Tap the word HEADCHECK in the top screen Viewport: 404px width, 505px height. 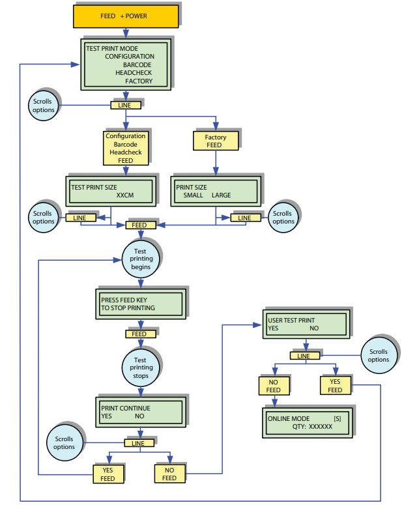coord(134,73)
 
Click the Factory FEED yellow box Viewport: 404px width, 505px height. coord(216,141)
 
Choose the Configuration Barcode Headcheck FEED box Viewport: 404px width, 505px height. coord(126,148)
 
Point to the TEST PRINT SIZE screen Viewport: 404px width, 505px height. coord(110,190)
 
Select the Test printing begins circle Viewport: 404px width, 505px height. coord(141,258)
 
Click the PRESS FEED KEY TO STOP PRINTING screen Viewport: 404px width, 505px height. coord(138,304)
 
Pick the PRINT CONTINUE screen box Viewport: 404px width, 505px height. coord(139,412)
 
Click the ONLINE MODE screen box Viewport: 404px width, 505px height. coord(307,421)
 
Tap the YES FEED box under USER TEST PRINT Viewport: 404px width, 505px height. coord(335,386)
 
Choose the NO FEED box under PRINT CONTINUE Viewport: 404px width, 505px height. coord(169,474)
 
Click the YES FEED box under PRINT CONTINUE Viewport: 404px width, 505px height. coord(108,474)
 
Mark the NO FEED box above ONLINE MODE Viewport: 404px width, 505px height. coord(274,386)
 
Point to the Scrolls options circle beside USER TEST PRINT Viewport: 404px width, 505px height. coord(378,356)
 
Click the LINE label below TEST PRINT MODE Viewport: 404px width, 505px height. coord(125,104)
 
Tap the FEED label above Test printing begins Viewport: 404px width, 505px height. coord(141,225)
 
